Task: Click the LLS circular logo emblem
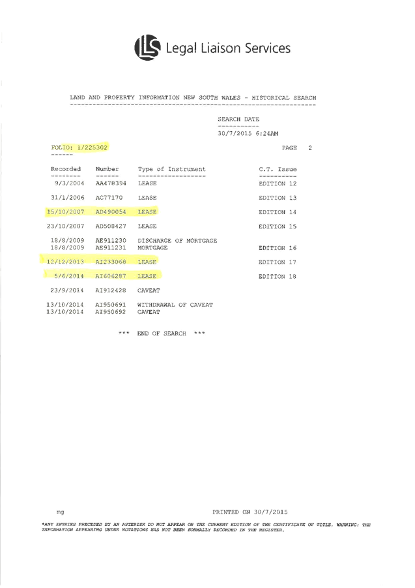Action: [147, 47]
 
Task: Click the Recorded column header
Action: [66, 170]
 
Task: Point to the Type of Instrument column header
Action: [171, 170]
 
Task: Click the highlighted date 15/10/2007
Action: [66, 212]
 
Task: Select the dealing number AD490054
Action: [111, 212]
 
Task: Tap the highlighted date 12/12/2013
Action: [66, 262]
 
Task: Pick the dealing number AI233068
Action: [111, 262]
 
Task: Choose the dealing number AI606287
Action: [111, 277]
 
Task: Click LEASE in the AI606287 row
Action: [147, 277]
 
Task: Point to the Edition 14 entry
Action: [278, 212]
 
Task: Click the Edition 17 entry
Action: [278, 262]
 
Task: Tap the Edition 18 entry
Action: [278, 277]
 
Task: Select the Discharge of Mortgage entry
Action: [177, 241]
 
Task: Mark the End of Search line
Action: [162, 333]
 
